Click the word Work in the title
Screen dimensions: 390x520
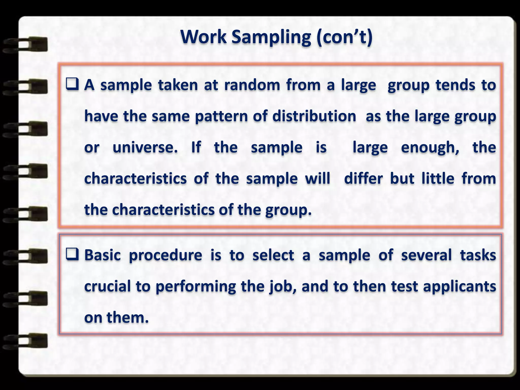(x=203, y=37)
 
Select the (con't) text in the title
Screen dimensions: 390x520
(x=344, y=37)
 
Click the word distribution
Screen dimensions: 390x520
(x=314, y=116)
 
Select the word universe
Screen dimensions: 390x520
(x=145, y=148)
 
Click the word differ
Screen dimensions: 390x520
(x=363, y=178)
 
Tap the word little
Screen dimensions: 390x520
(x=438, y=178)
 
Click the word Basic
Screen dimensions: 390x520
(x=103, y=255)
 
